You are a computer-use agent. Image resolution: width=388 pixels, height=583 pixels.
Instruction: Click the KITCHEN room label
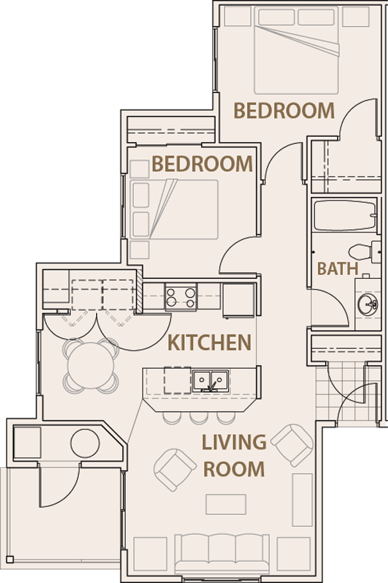tap(209, 343)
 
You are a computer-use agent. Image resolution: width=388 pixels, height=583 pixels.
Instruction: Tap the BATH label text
tap(338, 269)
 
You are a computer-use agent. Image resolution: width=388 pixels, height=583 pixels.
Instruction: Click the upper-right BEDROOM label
tap(284, 110)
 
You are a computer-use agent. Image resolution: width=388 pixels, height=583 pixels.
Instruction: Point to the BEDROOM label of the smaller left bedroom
tap(202, 163)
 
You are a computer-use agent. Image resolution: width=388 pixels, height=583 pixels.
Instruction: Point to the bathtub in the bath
tap(344, 215)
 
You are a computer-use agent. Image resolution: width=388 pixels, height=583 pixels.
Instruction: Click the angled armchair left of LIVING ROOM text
tap(175, 469)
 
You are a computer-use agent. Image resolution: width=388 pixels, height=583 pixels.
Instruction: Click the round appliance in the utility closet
tap(85, 444)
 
